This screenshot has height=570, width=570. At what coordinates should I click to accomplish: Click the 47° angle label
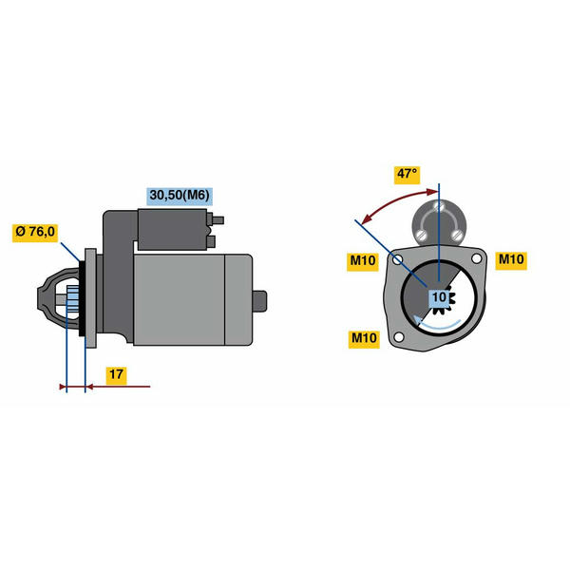coord(408,175)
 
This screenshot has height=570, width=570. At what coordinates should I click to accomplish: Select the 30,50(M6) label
coord(180,195)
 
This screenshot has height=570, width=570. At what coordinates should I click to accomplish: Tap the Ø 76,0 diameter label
coord(35,232)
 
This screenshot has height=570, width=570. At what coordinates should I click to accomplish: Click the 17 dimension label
coord(116,374)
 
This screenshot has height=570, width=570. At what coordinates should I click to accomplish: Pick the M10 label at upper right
coord(511,259)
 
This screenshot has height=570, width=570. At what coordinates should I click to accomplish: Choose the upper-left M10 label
coord(363,261)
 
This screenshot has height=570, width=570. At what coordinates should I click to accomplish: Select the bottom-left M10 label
coord(364,338)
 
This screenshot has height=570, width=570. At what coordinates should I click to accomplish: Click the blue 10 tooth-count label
coord(439,297)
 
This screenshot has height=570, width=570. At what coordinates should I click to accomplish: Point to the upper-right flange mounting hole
coord(476,258)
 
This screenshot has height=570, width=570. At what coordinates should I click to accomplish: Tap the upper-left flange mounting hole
coord(398,260)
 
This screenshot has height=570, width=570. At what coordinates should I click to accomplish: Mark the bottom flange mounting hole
coord(399,337)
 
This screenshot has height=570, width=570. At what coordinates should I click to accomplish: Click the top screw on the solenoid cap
coord(439,206)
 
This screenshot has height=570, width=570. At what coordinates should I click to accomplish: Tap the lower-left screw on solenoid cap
coord(422,235)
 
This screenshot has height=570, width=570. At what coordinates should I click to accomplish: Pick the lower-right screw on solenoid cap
coord(457,236)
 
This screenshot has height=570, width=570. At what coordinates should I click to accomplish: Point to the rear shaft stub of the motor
coord(260,301)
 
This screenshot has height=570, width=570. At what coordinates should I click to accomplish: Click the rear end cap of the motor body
coord(238,299)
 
